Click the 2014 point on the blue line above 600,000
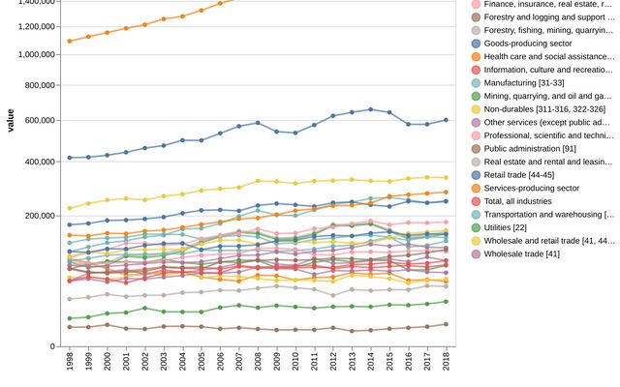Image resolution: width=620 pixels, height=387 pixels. [370, 109]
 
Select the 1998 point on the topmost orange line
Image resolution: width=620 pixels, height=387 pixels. [70, 41]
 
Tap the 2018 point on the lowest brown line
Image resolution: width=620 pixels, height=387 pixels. [446, 324]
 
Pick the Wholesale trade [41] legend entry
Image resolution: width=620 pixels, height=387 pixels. [523, 253]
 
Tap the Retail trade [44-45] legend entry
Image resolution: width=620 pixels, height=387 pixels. [523, 175]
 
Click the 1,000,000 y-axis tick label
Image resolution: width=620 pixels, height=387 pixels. [31, 55]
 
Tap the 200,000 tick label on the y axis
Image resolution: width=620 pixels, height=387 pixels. [37, 216]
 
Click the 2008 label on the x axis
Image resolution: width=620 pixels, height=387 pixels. [258, 362]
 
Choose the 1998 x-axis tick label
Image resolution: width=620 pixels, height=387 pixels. [70, 362]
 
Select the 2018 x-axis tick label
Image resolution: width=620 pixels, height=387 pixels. [446, 362]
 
